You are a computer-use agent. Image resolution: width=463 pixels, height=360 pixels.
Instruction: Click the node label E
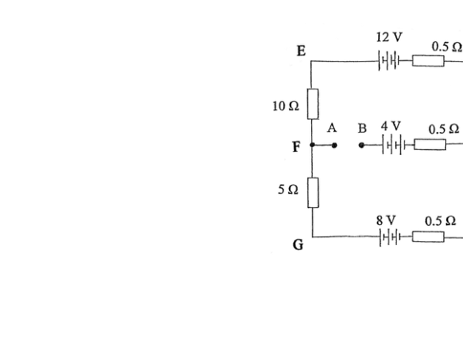pos(301,51)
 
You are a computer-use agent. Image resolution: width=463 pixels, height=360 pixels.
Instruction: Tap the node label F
pos(296,147)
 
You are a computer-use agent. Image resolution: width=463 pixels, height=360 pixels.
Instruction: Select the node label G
pos(298,245)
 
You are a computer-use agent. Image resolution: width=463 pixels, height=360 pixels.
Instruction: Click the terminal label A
pos(332,128)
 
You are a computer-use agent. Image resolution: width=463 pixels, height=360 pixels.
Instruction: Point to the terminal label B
pos(362,128)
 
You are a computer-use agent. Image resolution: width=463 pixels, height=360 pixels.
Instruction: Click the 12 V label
pos(389,37)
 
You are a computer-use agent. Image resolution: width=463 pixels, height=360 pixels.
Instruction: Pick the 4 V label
pos(391,126)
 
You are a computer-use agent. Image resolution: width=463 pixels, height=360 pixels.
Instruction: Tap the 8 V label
pos(386,221)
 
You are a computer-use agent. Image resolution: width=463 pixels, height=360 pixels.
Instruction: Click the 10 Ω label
pos(285,106)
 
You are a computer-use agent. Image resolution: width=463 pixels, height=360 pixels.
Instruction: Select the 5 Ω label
pos(288,190)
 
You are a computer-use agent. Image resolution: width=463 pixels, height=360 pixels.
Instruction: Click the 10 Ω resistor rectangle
pos(313,104)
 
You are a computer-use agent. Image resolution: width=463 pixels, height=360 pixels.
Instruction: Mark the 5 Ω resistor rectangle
pos(313,193)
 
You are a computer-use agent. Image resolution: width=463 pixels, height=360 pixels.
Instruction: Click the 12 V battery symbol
pos(389,60)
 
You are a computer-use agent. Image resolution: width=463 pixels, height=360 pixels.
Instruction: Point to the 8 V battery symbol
pos(390,237)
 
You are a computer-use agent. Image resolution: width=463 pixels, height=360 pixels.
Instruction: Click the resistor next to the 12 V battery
pos(428,61)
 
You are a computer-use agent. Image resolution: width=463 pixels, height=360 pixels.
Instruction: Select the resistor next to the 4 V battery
pos(430,145)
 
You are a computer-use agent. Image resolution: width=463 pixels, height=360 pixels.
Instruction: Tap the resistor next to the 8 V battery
pos(428,237)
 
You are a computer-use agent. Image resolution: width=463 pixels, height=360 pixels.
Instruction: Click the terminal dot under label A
pos(334,145)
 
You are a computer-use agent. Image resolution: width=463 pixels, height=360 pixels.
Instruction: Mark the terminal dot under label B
pos(361,145)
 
